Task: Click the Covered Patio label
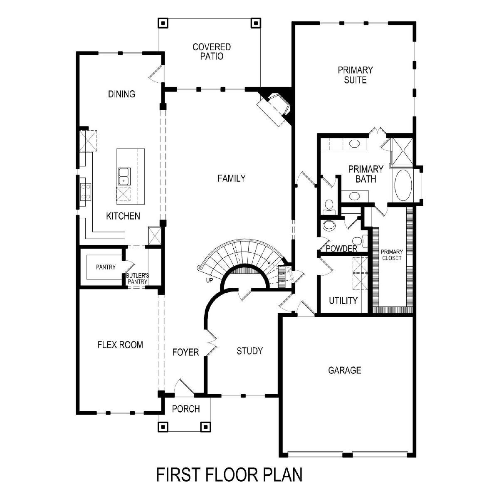pos(212,52)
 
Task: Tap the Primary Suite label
pos(355,75)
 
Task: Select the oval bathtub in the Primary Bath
pos(403,185)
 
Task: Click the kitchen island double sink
pos(125,176)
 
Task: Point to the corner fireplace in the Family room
pos(275,109)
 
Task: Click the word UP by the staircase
pos(209,280)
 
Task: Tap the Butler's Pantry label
pos(137,278)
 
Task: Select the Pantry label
pos(106,267)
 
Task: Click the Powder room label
pos(341,249)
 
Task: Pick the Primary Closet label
pos(392,255)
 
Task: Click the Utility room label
pos(343,300)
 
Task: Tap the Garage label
pos(344,370)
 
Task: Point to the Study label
pos(249,351)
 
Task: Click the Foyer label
pos(185,352)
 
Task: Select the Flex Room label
pos(120,345)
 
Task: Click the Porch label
pos(186,409)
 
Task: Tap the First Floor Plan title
pos(229,474)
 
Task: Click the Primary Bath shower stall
pos(402,151)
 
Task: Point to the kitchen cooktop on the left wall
pos(86,191)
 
